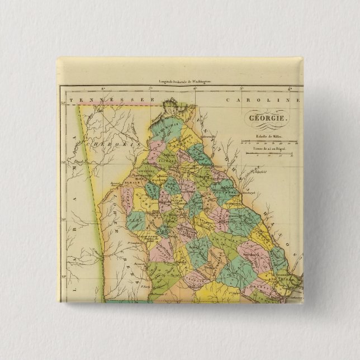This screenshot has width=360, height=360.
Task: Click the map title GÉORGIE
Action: tap(266, 119)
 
